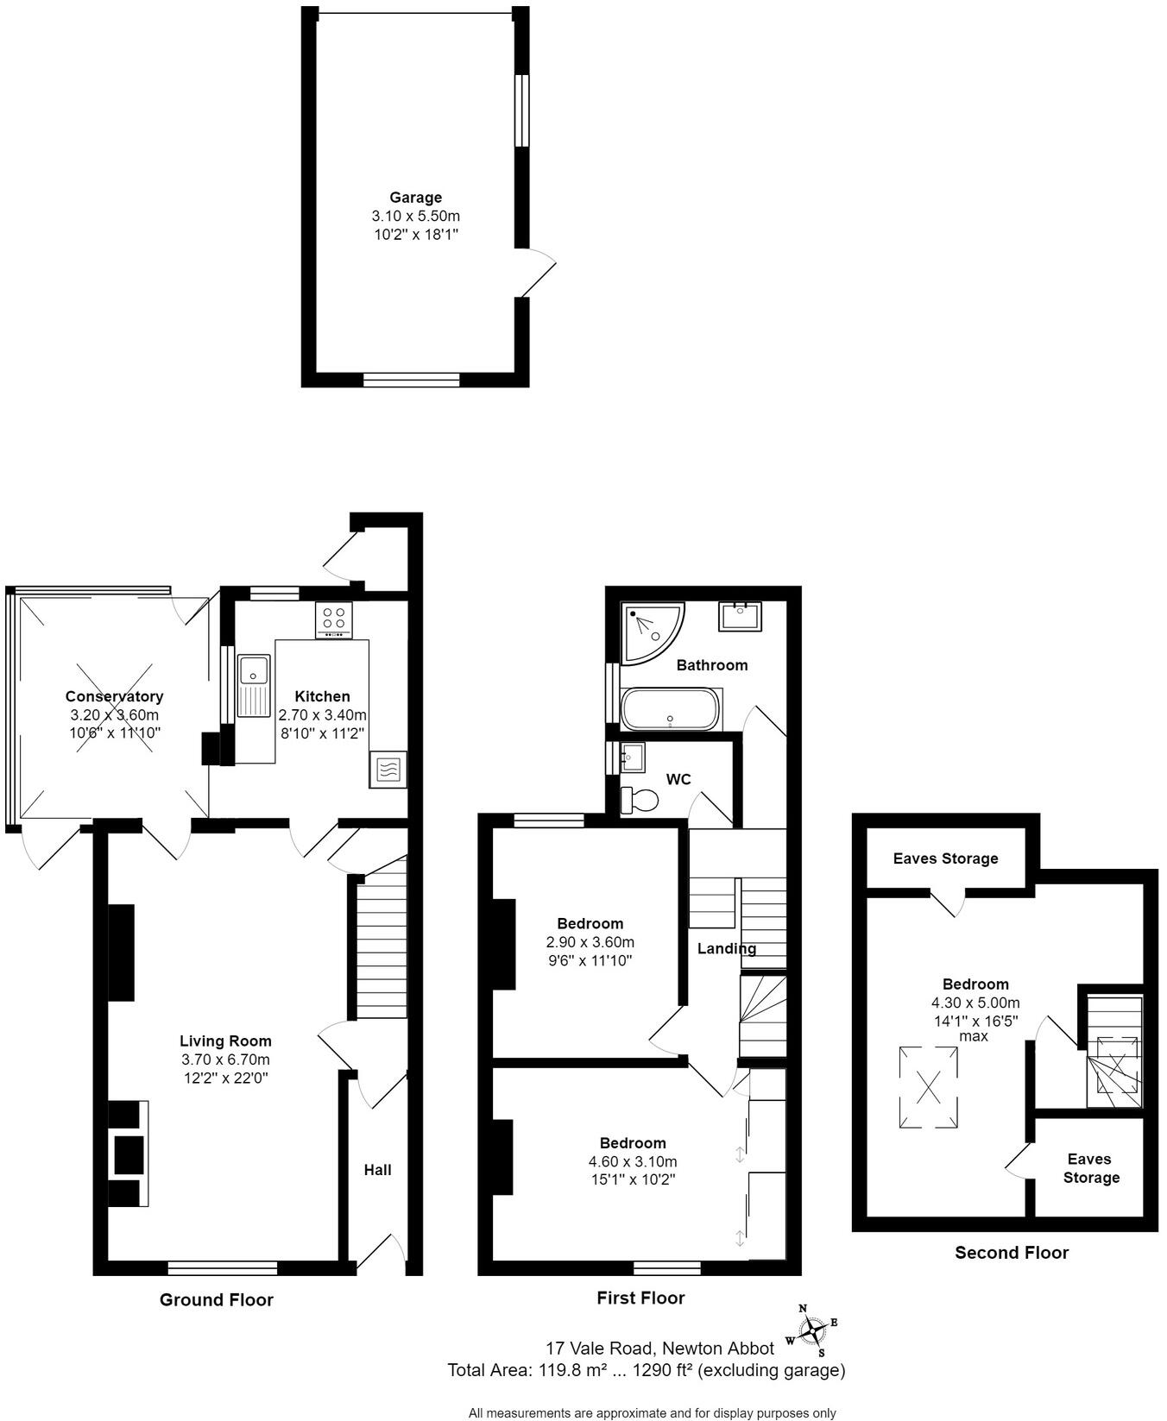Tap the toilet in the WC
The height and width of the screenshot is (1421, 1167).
point(639,800)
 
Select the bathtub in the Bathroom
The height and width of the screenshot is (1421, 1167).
point(669,709)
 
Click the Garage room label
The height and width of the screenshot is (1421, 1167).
point(415,198)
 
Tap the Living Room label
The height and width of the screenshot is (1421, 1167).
point(225,1041)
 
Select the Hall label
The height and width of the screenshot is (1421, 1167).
point(377,1170)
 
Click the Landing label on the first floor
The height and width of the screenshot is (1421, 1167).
point(727,949)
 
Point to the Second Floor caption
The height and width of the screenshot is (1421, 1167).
point(1011,1253)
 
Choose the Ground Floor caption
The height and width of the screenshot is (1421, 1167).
point(216,1299)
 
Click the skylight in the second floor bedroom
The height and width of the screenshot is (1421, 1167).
point(929,1087)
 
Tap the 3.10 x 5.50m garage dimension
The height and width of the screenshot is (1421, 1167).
point(415,216)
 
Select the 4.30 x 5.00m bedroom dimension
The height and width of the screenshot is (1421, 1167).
point(975,1003)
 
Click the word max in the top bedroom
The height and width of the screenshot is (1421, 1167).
point(974,1035)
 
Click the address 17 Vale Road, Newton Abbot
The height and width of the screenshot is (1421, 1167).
point(659,1348)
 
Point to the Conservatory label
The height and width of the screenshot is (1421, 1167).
point(114,696)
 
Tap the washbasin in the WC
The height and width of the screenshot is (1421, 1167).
point(632,757)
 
